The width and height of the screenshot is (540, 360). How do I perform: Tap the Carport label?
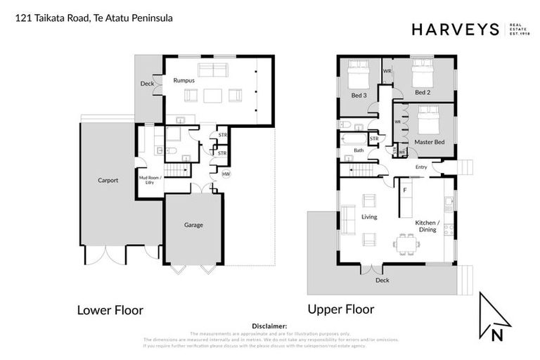[108, 180]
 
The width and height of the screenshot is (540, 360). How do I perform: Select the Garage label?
[193, 225]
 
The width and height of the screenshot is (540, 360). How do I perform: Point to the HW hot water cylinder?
[225, 174]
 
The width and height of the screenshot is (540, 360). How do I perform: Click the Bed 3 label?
[359, 94]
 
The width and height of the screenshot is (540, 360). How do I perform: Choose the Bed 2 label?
[422, 92]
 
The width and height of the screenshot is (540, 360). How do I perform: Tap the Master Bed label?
[428, 142]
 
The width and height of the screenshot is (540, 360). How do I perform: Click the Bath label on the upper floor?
[359, 150]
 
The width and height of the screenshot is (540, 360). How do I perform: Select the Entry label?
[420, 167]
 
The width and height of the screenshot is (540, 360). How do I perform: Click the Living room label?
[369, 217]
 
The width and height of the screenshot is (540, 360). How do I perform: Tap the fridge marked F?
[405, 189]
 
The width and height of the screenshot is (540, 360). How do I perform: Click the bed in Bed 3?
[357, 72]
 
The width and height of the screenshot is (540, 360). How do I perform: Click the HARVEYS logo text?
[454, 29]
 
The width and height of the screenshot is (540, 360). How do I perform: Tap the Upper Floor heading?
[340, 309]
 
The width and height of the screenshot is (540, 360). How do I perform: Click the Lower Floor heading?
[110, 309]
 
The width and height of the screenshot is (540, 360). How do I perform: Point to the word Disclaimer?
[269, 326]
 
